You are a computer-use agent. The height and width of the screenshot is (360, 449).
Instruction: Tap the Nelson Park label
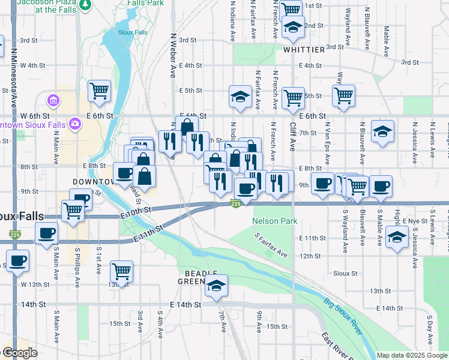276,221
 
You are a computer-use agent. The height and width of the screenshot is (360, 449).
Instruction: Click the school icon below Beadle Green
217,287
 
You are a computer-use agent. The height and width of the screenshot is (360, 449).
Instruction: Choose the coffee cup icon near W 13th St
17,261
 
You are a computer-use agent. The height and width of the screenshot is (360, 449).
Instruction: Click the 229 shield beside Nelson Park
236,205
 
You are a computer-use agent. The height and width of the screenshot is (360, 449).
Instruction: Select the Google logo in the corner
19,353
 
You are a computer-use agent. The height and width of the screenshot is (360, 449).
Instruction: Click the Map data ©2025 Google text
412,355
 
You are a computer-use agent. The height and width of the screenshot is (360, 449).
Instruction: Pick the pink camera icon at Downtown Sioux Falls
76,124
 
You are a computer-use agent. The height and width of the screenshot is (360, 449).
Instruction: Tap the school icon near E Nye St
396,236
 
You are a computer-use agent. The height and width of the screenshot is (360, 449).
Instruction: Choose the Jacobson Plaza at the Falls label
46,6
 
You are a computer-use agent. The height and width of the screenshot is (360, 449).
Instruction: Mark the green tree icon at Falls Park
85,5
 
